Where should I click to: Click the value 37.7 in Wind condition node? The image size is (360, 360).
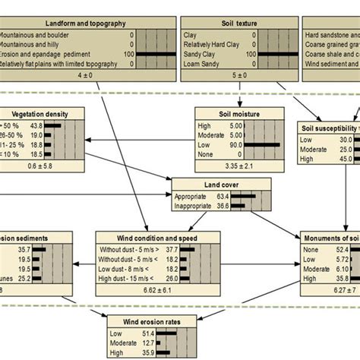pos(172,248)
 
